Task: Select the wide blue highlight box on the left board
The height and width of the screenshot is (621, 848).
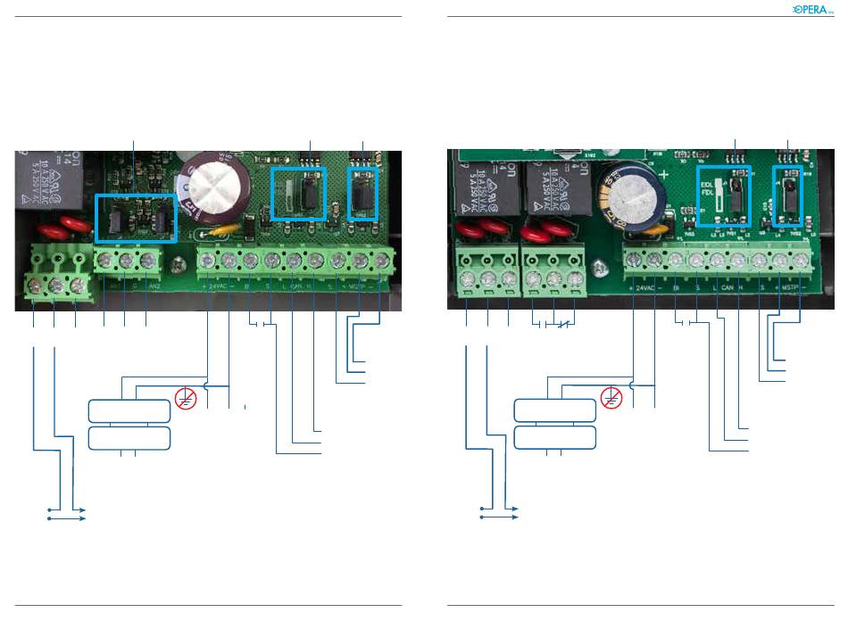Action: (x=136, y=217)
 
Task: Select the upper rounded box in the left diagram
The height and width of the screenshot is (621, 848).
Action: (x=129, y=411)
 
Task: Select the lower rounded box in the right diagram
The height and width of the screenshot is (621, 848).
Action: (x=554, y=438)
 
